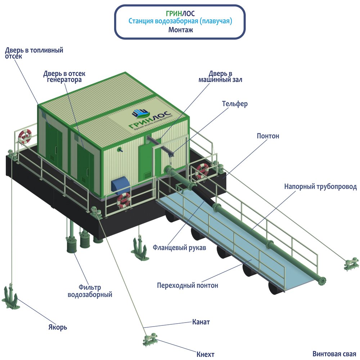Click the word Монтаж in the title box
(x=181, y=30)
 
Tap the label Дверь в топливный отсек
(x=34, y=53)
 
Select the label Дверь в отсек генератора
(x=64, y=77)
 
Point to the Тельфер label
(x=235, y=104)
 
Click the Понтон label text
(x=268, y=136)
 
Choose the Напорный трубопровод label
(x=320, y=187)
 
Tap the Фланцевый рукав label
(x=179, y=248)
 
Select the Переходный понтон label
(x=188, y=285)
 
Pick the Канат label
(x=201, y=322)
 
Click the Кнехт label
(x=206, y=354)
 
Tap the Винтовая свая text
(x=334, y=354)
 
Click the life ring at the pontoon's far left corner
(x=25, y=136)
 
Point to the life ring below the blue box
(x=124, y=200)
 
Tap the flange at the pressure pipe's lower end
(x=321, y=279)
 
